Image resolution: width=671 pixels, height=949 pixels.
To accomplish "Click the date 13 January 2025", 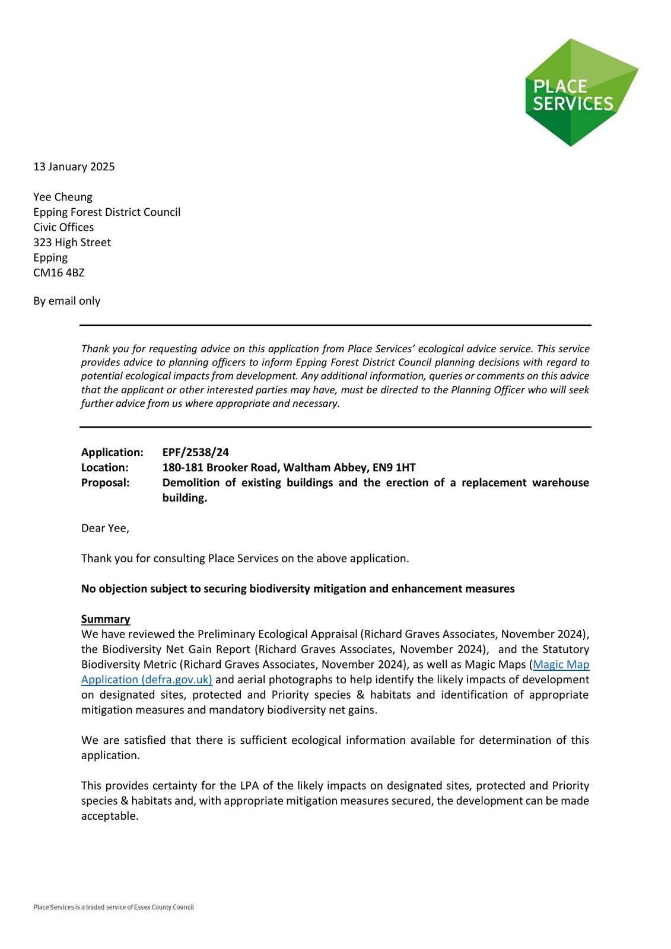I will click(x=74, y=167).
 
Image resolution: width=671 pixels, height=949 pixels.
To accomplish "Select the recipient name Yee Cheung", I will click(x=63, y=197).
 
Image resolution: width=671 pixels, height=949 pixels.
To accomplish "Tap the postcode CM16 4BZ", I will click(x=59, y=273).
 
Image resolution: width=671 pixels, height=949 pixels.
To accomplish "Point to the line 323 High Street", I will click(x=72, y=243).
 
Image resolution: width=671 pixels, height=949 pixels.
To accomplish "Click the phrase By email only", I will click(x=66, y=301).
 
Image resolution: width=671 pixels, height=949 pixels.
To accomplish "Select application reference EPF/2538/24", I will click(x=195, y=453).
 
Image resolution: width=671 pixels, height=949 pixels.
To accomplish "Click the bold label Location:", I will click(x=105, y=467).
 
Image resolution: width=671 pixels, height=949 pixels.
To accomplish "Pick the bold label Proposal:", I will click(x=105, y=483).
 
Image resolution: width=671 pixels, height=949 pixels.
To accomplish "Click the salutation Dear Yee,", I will click(x=105, y=528).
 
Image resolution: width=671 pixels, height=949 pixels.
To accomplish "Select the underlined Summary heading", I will click(x=106, y=619).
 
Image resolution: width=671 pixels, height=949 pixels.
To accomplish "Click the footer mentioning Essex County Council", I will click(x=113, y=907).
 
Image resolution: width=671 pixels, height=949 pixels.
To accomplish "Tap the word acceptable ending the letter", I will click(x=109, y=816).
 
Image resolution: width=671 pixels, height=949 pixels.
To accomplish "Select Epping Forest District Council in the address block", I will click(x=107, y=212).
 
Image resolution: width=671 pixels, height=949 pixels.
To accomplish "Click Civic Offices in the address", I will click(x=63, y=227).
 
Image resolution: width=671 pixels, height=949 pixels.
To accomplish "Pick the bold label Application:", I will click(x=112, y=453).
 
